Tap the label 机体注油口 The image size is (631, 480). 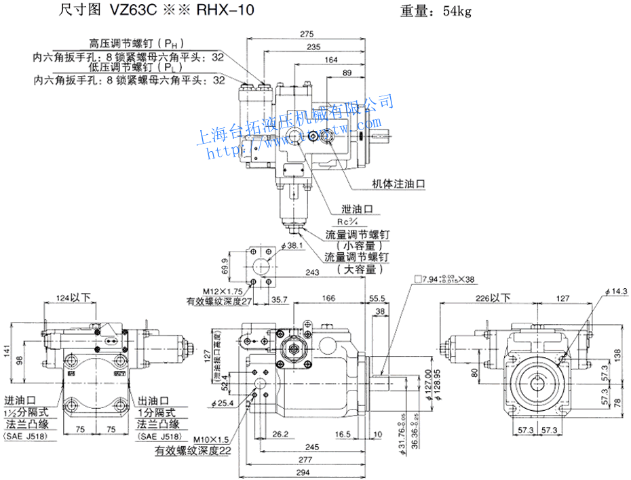[398, 183]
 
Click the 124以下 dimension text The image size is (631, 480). [73, 297]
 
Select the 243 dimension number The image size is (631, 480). [313, 273]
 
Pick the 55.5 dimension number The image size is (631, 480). [379, 297]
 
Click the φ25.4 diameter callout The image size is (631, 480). [223, 404]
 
